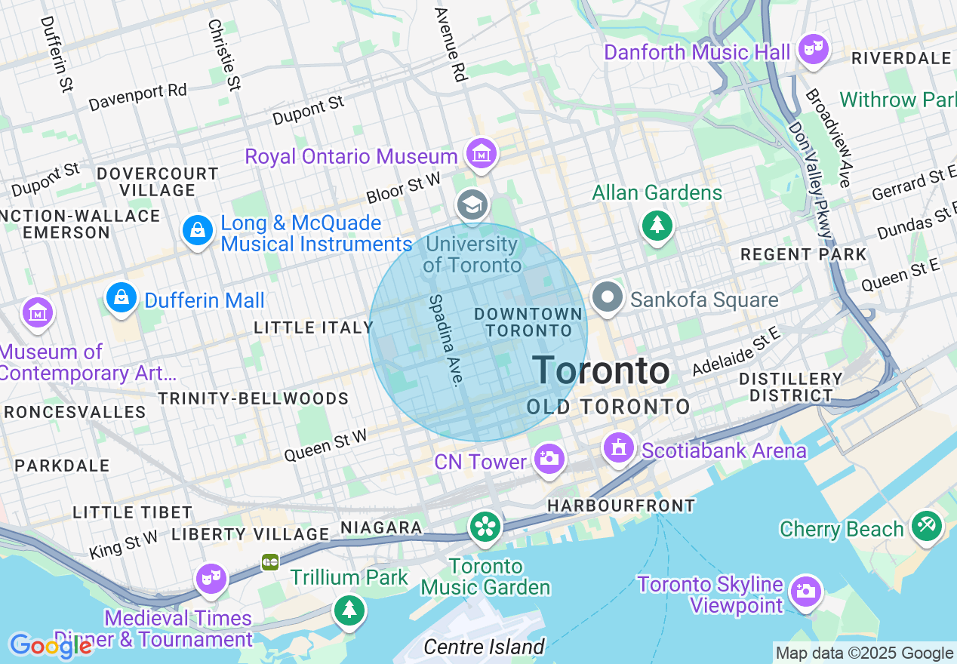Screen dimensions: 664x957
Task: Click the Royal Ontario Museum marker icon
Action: coord(480,154)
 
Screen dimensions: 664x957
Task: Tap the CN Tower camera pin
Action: coord(549,458)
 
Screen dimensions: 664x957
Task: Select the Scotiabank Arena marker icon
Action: coord(619,448)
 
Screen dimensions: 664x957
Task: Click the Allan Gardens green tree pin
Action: coord(657,224)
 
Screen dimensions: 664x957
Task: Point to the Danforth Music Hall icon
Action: coord(814,50)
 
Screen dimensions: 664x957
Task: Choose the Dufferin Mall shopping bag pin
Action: coord(121,298)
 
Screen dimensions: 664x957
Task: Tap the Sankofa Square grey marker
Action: coord(607,298)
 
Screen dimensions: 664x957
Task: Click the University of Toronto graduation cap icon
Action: coord(472,204)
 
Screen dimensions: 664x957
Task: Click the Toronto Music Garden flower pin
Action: coord(485,527)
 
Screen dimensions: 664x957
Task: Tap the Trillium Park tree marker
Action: coord(349,609)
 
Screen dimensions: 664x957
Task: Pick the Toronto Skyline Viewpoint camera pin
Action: coord(805,591)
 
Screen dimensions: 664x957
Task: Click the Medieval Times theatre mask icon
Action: coord(211,579)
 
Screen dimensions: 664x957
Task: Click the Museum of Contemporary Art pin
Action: coord(36,312)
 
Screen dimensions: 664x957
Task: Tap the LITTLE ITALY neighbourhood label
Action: coord(313,327)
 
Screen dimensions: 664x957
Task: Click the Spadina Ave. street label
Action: coord(445,340)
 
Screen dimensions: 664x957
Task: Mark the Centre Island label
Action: coord(483,647)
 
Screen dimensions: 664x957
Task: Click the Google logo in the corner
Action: coord(50,646)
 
